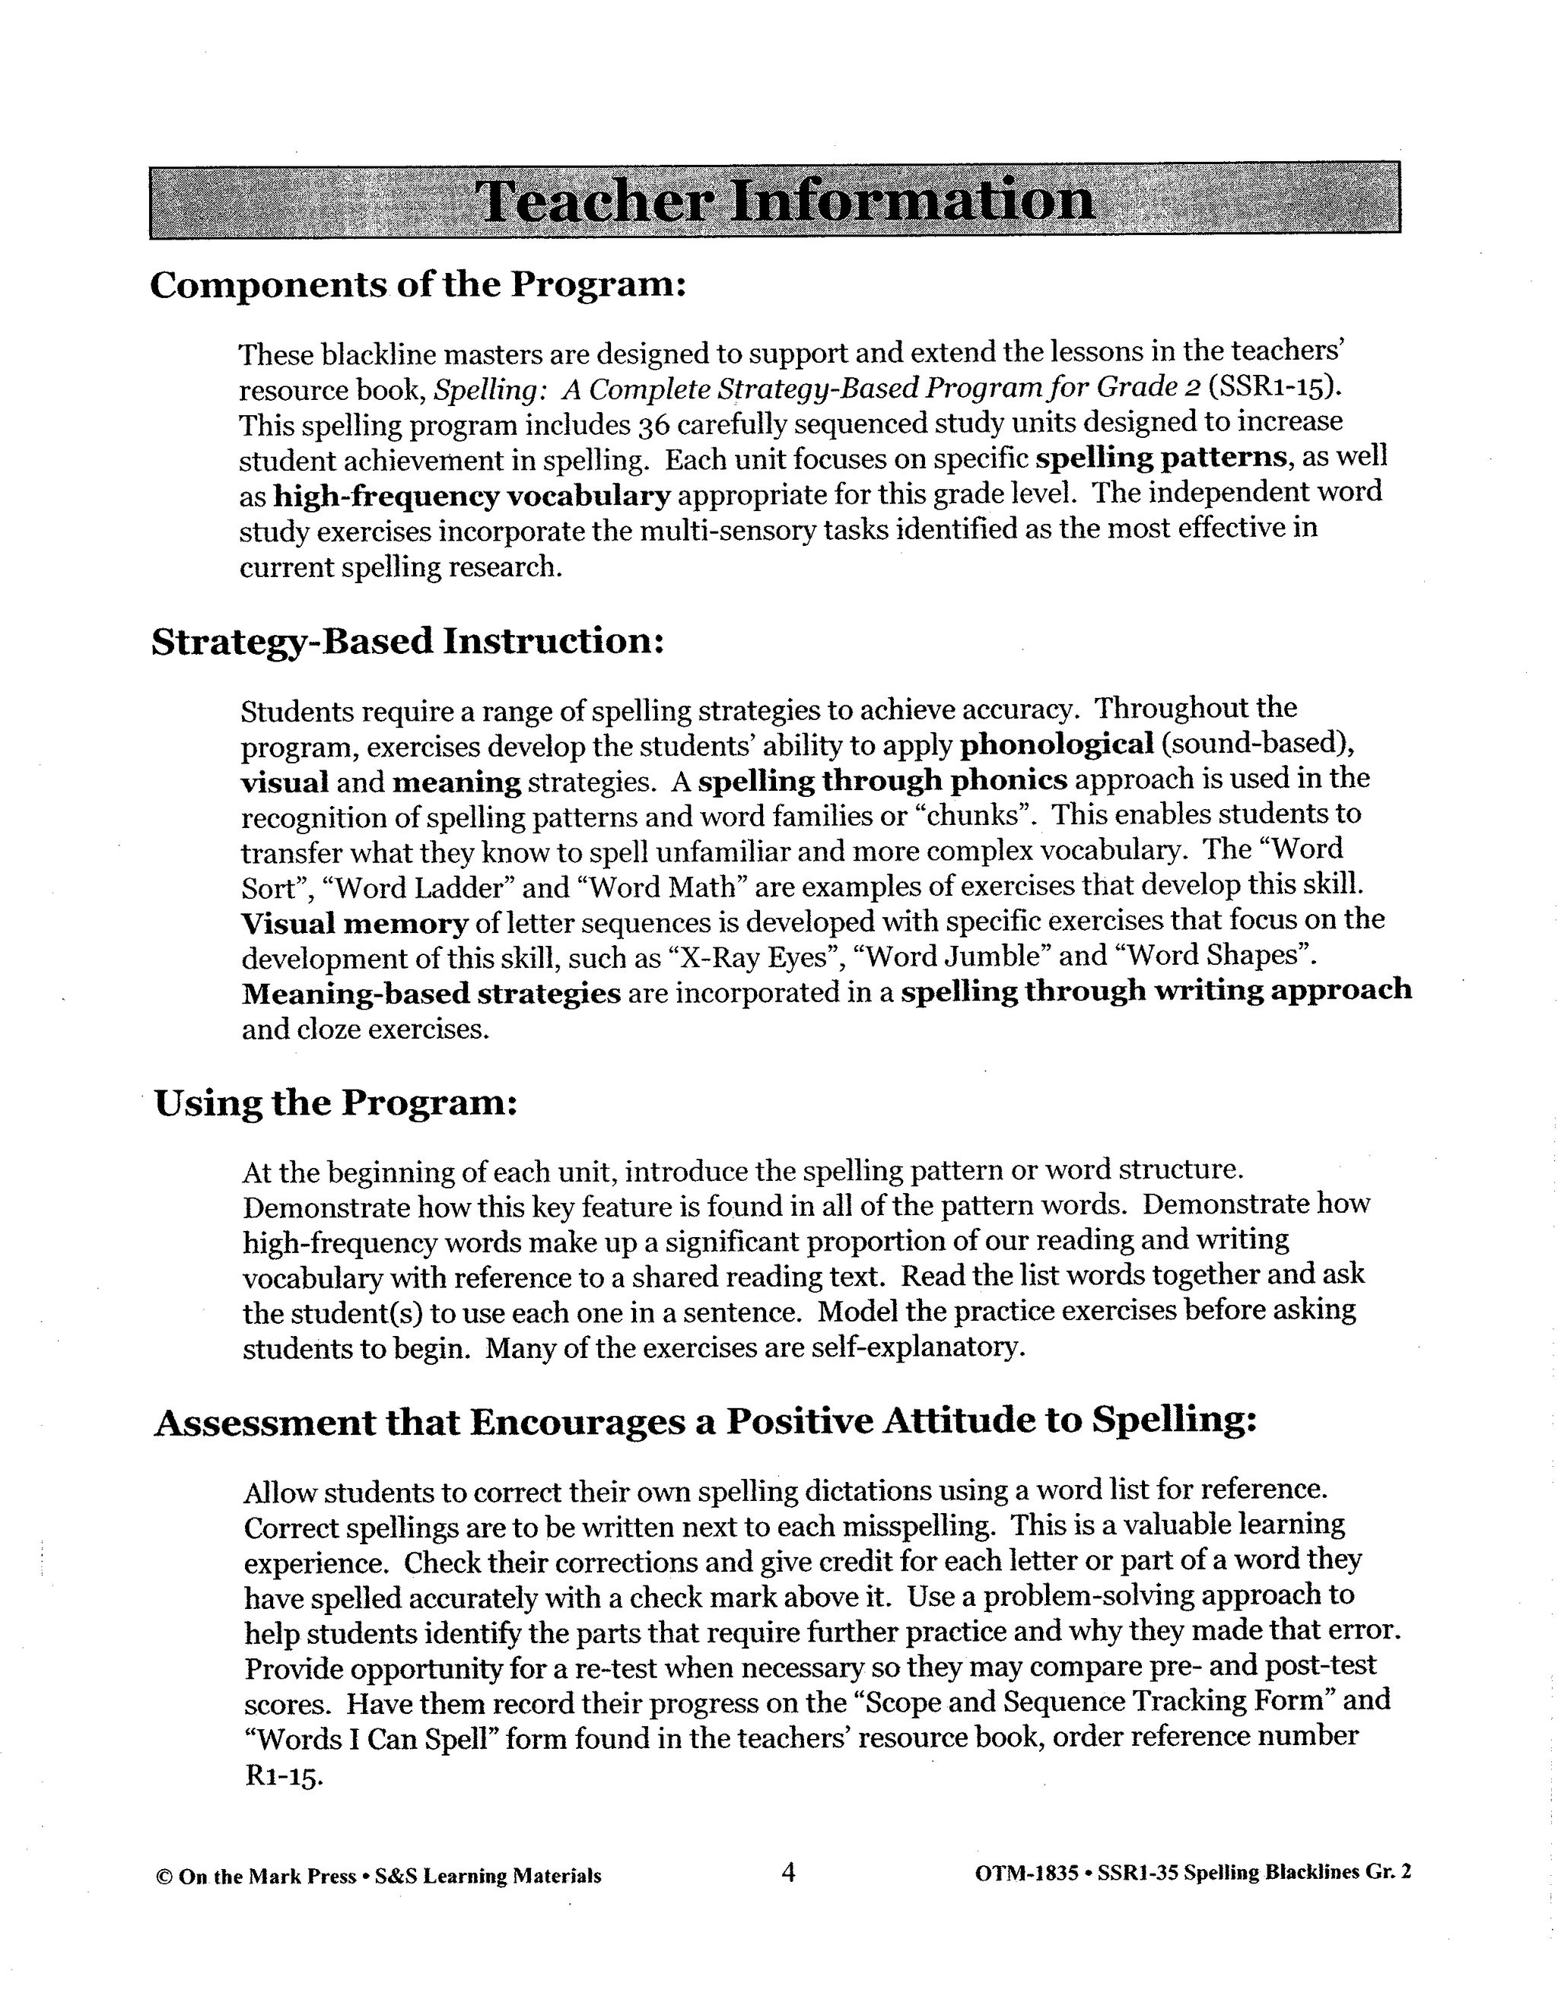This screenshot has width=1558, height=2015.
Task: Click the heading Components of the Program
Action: tap(418, 285)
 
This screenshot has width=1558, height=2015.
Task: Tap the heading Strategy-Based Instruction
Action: tap(407, 641)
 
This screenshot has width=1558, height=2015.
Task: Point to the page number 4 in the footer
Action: tap(787, 1872)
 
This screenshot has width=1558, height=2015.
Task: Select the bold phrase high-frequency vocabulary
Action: tap(472, 496)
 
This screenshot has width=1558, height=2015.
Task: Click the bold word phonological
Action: tap(1057, 744)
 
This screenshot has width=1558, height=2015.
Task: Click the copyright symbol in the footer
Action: tap(164, 1876)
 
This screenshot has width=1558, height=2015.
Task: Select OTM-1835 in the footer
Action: tap(1025, 1873)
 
